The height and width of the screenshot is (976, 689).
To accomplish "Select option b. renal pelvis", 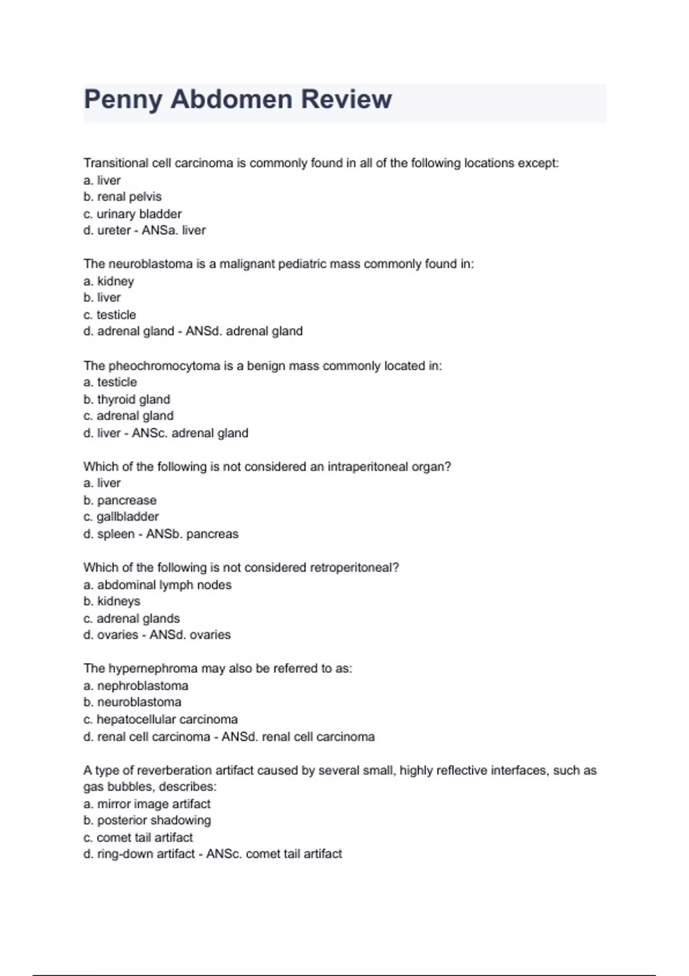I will (x=122, y=197).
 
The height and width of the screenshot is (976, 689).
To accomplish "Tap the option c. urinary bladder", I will (x=132, y=214).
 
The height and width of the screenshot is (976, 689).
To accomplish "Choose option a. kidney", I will (x=109, y=281).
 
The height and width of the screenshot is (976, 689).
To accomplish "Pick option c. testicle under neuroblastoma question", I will (x=110, y=315).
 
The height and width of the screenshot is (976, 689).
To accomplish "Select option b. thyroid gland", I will (x=126, y=400).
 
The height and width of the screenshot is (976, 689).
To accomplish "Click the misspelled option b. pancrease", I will (x=119, y=500).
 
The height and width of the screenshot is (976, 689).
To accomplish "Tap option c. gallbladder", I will (x=121, y=517).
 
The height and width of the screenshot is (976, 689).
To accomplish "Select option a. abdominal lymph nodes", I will (x=157, y=585).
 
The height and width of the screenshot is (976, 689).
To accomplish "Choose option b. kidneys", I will (x=111, y=601).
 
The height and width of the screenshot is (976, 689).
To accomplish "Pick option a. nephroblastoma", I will (x=136, y=685).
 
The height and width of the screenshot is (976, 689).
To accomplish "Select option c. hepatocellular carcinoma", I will (x=160, y=719).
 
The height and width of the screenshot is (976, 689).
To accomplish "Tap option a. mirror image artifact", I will (x=146, y=804).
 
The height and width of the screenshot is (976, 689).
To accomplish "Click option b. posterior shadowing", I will (x=147, y=820).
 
